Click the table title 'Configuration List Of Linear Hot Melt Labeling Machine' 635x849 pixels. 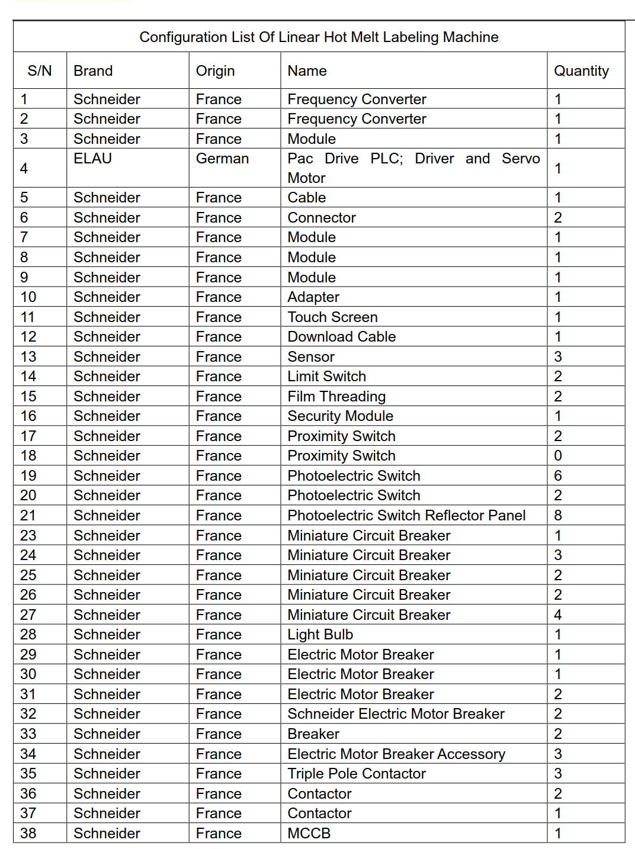[x=319, y=37]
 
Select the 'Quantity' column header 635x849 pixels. [x=581, y=71]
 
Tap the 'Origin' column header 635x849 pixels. [x=215, y=71]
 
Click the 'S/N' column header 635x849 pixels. [x=40, y=71]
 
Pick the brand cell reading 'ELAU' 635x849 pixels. [x=93, y=159]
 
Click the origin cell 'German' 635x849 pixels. [x=222, y=159]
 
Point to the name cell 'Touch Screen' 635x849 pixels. [x=332, y=317]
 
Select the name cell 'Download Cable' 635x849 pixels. [x=341, y=337]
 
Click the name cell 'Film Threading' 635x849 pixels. [x=336, y=397]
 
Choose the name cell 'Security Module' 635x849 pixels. [x=340, y=416]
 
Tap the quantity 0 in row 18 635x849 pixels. [x=558, y=456]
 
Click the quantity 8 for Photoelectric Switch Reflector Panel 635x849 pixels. [x=558, y=516]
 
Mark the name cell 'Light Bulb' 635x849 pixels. [x=320, y=635]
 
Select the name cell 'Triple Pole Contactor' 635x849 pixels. [x=357, y=774]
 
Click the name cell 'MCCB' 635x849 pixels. [x=309, y=834]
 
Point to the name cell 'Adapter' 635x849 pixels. [x=313, y=297]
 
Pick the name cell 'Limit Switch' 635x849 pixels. [x=326, y=377]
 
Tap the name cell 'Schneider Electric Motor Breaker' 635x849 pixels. [x=396, y=714]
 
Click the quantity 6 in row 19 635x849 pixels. [x=558, y=476]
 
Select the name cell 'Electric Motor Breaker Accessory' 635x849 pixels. [x=396, y=754]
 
